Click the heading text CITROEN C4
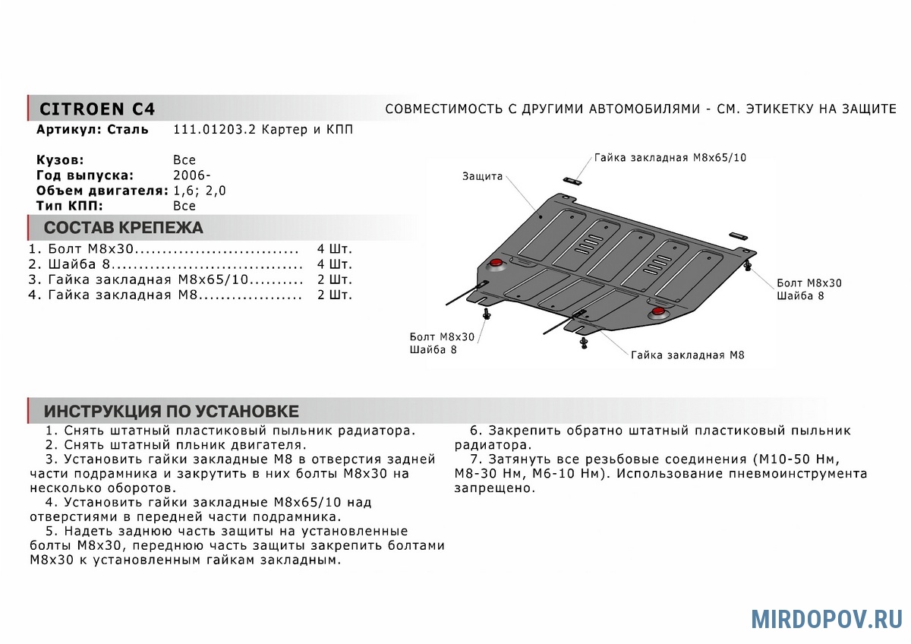coord(96,109)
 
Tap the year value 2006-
coord(187,175)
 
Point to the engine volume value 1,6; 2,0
coord(200,191)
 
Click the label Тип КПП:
coord(69,206)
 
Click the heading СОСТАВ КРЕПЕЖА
coord(123,228)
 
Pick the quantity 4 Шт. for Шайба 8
coord(335,264)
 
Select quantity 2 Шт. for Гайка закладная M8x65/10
coord(335,279)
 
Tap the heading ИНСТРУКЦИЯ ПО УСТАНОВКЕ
coord(171,412)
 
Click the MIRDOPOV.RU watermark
coord(826,618)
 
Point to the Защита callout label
coord(483,176)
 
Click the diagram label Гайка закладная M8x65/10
coord(670,158)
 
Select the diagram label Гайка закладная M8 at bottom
coord(687,355)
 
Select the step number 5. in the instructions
coord(52,531)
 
